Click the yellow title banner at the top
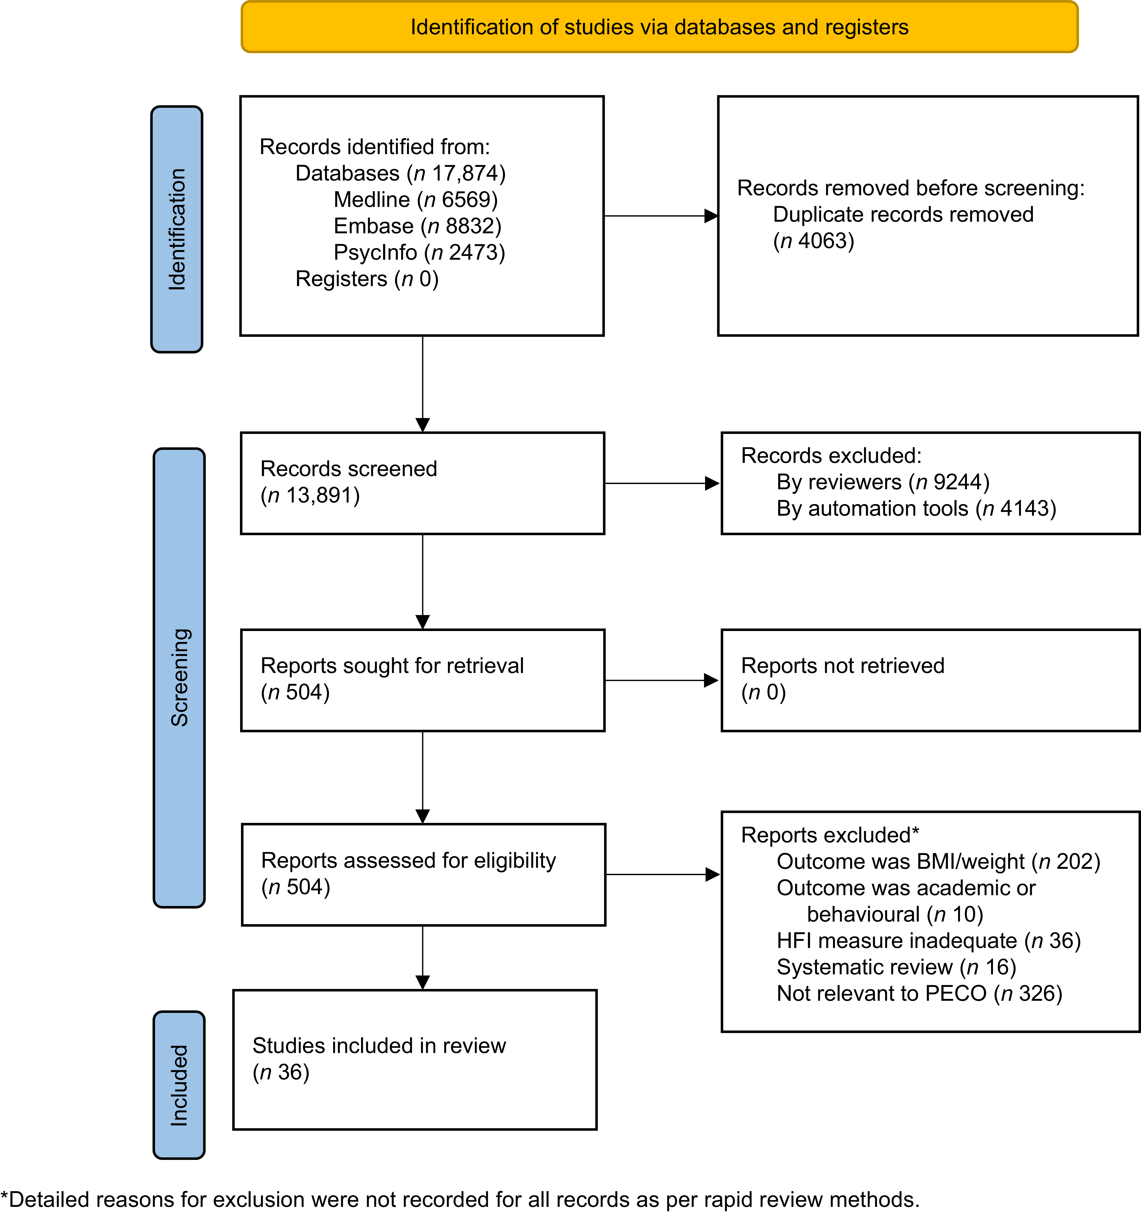pyautogui.click(x=659, y=27)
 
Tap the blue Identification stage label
pyautogui.click(x=177, y=229)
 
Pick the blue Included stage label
pyautogui.click(x=179, y=1084)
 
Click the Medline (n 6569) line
pyautogui.click(x=415, y=200)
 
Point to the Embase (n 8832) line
pyautogui.click(x=417, y=226)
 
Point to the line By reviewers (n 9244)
pyautogui.click(x=883, y=482)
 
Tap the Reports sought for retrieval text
pyautogui.click(x=392, y=666)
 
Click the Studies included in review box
pyautogui.click(x=415, y=1060)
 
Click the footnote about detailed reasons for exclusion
pyautogui.click(x=460, y=1199)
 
